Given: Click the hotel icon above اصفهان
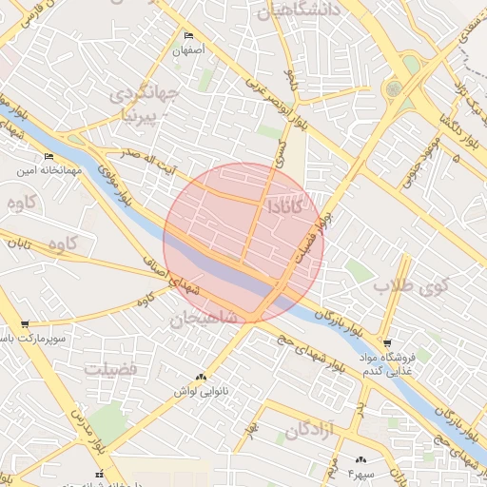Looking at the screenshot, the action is pyautogui.click(x=188, y=36).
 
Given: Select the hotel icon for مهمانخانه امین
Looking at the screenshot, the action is pyautogui.click(x=49, y=157).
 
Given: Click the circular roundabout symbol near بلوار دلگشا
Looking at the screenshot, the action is pyautogui.click(x=393, y=88).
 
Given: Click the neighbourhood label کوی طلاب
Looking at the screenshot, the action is pyautogui.click(x=409, y=284).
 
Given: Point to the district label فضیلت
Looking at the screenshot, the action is pyautogui.click(x=110, y=367).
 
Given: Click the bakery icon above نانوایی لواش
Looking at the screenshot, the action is pyautogui.click(x=200, y=377).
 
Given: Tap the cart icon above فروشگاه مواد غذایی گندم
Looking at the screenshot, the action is pyautogui.click(x=386, y=342).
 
